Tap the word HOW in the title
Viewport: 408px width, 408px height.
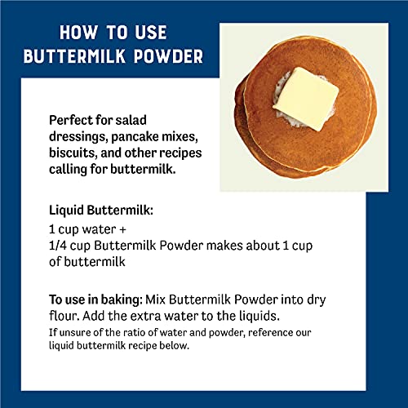point(79,33)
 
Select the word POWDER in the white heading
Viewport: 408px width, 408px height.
point(169,59)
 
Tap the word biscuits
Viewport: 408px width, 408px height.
point(76,154)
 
